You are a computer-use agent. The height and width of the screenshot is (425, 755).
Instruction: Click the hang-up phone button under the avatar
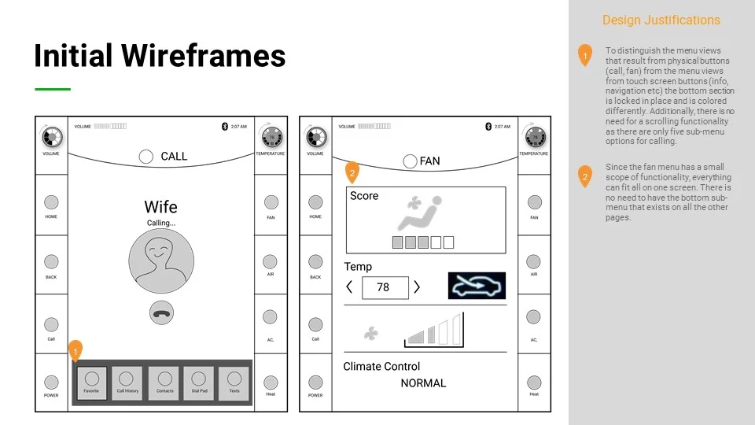[161, 313]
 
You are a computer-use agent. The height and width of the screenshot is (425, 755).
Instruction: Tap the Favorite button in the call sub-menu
[91, 382]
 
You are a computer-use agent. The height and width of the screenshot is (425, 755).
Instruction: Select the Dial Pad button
[198, 382]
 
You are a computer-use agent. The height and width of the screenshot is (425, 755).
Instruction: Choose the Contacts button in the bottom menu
[164, 382]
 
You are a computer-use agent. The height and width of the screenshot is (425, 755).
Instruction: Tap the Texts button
[234, 382]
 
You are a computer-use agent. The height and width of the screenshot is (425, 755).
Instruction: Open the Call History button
[127, 382]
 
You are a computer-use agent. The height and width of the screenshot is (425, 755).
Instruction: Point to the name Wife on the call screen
[160, 207]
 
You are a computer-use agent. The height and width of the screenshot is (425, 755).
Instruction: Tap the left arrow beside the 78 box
[350, 287]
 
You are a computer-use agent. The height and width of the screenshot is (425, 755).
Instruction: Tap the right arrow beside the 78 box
[417, 287]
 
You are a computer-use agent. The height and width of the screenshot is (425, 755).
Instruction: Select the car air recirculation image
[477, 286]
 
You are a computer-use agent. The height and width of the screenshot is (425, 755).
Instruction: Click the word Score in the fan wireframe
[364, 196]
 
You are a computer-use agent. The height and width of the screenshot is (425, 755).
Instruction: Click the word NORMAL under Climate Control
[423, 383]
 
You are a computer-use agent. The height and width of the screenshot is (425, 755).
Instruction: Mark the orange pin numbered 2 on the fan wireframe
[352, 172]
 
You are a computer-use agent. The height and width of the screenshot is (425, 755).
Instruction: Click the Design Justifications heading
[661, 20]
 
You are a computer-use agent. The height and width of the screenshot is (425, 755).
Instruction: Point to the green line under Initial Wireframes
[53, 89]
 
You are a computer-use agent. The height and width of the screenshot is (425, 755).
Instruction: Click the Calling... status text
[161, 224]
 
